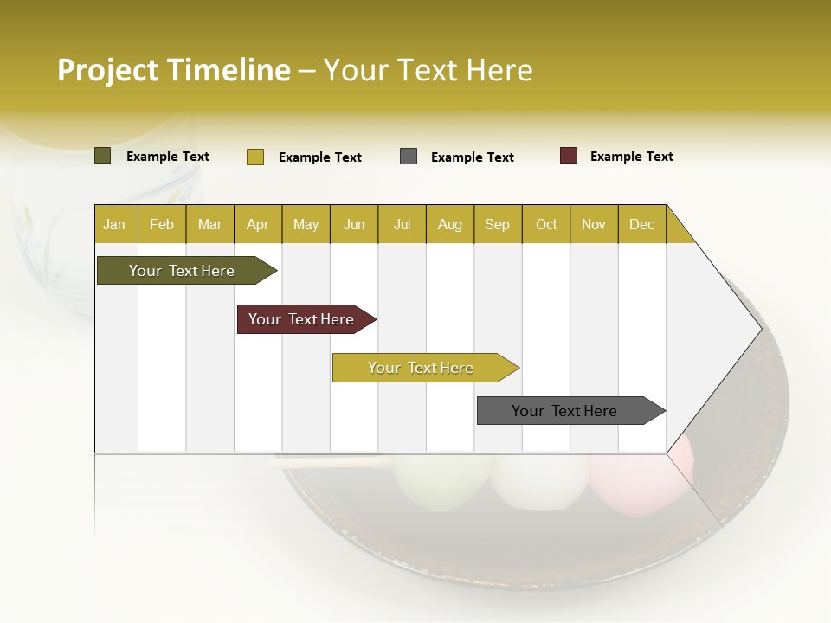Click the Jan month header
point(114,225)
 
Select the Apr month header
point(257,225)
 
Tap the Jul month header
point(402,225)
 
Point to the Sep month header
point(497,225)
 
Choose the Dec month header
point(641,225)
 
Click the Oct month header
point(546,225)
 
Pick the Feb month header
point(162,225)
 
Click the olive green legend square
point(102,156)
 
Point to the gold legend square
point(254,157)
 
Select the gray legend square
point(409,157)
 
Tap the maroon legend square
point(569,156)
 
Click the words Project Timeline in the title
point(173,70)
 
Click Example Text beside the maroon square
point(631,157)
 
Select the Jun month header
point(354,225)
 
